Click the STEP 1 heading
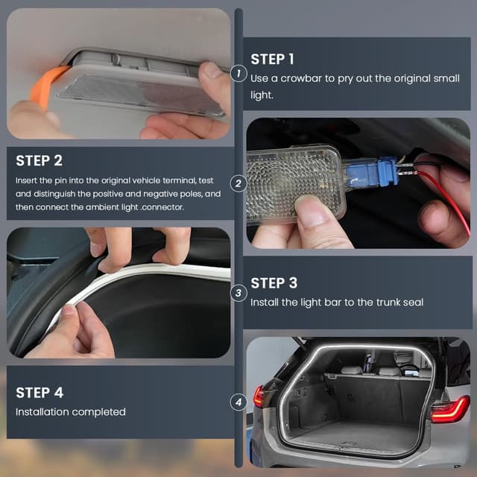click(272, 59)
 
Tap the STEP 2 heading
click(39, 161)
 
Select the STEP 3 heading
click(274, 283)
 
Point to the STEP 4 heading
click(40, 393)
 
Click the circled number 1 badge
click(238, 74)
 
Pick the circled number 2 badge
click(238, 183)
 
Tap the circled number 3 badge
click(238, 293)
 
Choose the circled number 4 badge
click(238, 402)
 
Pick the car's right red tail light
click(450, 409)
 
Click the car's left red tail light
click(259, 397)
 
